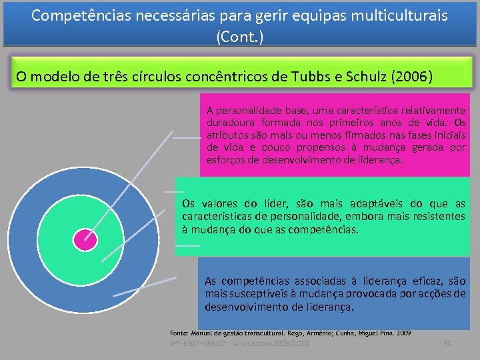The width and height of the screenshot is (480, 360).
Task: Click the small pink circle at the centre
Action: (85, 239)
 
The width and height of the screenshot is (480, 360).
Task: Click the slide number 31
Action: (447, 343)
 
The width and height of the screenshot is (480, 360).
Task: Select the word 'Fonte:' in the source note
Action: (179, 332)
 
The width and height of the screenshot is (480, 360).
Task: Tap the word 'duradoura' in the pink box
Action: (229, 123)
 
